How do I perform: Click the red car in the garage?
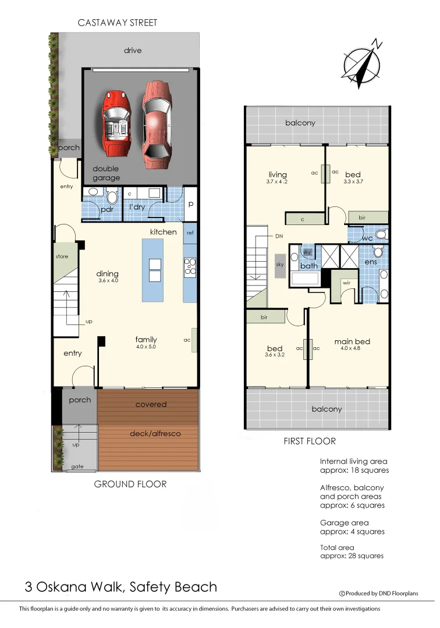(119, 123)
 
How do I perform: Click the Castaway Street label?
(118, 23)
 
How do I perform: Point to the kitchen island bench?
(153, 270)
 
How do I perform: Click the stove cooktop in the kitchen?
(190, 266)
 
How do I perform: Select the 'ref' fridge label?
(190, 233)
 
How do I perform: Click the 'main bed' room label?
(352, 341)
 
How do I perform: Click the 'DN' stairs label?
(279, 237)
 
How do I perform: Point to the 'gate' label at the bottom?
(77, 467)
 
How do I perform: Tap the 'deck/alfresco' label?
(154, 433)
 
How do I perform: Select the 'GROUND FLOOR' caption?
(130, 484)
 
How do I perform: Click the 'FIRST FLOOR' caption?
(310, 441)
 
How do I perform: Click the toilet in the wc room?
(380, 235)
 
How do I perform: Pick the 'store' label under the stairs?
(62, 256)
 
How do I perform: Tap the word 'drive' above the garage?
(133, 51)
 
